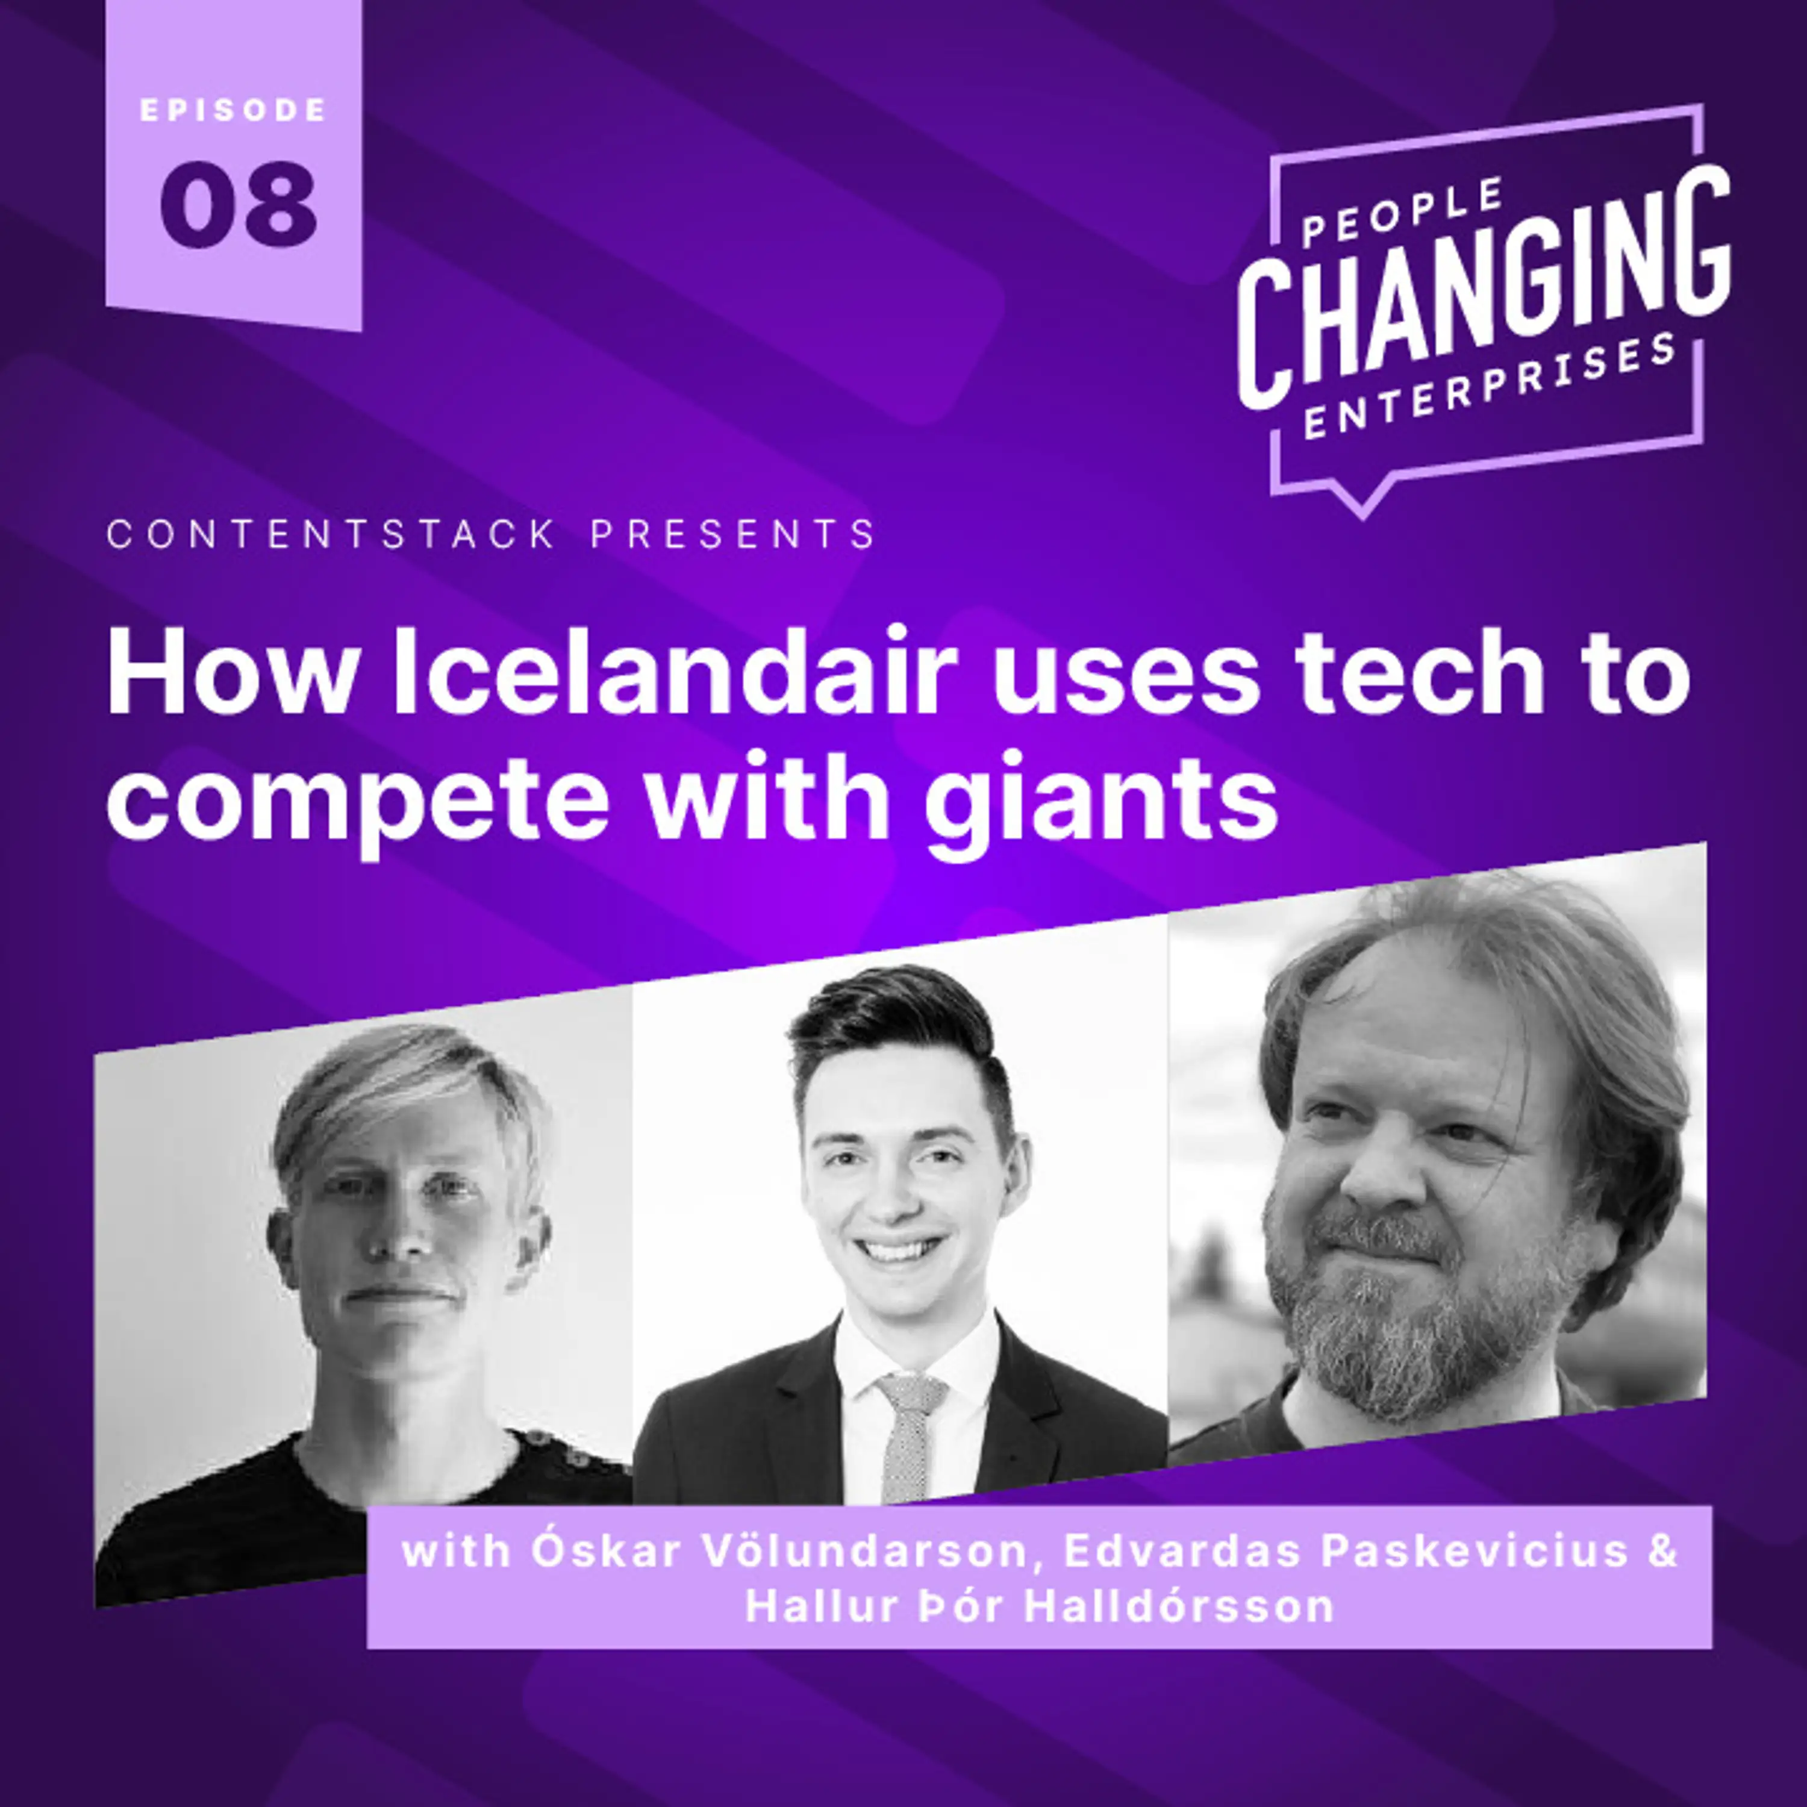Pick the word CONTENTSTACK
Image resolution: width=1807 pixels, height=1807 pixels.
pos(332,535)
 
